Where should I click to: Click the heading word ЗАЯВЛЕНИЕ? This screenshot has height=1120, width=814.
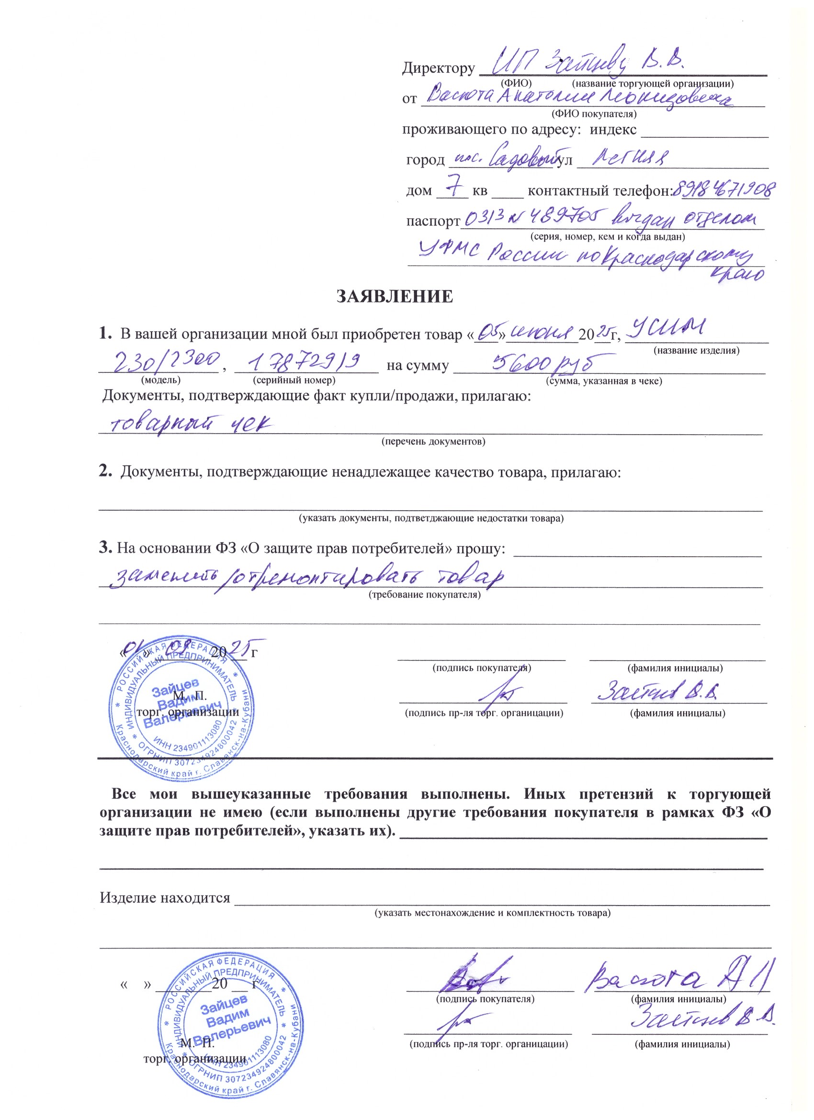pos(394,296)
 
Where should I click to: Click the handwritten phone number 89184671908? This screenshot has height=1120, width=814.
pos(724,190)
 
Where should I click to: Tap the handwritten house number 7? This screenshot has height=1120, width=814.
pos(453,186)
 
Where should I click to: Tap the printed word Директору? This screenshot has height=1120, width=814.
pos(438,68)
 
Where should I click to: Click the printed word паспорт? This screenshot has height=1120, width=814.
pos(433,221)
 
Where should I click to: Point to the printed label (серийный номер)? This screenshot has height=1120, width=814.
pos(294,380)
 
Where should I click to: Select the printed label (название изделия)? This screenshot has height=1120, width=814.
pos(696,351)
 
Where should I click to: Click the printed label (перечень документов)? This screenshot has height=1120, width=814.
pos(433,441)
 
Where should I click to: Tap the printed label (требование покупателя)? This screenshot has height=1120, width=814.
pos(425,594)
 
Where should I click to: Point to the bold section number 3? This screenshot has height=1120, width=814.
pos(104,548)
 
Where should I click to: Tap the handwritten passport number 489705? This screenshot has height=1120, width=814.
pos(560,217)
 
